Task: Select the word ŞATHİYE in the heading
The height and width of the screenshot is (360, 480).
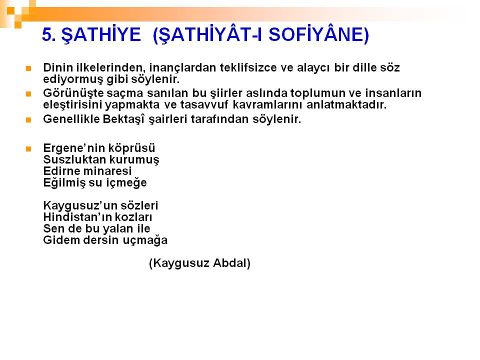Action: coord(101,34)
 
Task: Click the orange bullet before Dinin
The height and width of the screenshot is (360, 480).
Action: coord(28,68)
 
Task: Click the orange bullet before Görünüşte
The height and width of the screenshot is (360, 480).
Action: coord(28,93)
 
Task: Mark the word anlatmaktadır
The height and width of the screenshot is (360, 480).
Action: coord(346,104)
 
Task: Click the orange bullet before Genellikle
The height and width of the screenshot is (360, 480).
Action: coord(28,120)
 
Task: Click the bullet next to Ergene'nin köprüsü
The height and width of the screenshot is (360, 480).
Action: coord(28,149)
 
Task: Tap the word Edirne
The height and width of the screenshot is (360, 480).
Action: coord(61,171)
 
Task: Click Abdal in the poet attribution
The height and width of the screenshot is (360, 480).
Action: coord(231,263)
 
